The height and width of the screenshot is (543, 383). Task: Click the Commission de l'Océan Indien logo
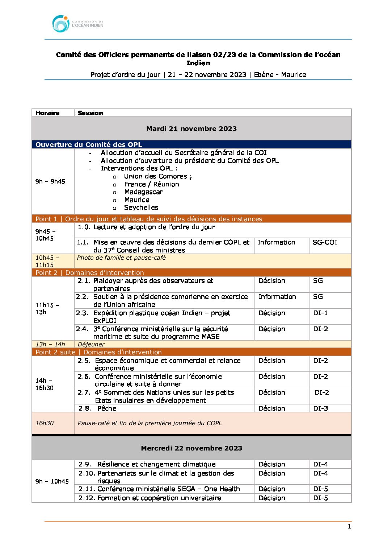pyautogui.click(x=77, y=24)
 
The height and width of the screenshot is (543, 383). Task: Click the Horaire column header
pyautogui.click(x=47, y=113)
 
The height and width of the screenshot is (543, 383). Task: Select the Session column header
pyautogui.click(x=90, y=113)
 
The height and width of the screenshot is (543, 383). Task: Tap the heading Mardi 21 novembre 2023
pyautogui.click(x=191, y=128)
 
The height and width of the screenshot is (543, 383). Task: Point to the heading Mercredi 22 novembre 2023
pyautogui.click(x=191, y=448)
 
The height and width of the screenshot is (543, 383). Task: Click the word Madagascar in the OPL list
pyautogui.click(x=143, y=192)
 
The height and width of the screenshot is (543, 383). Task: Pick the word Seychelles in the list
pyautogui.click(x=141, y=207)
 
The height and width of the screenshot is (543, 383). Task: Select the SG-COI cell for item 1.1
pyautogui.click(x=325, y=242)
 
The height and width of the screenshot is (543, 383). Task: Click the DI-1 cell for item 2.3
pyautogui.click(x=320, y=313)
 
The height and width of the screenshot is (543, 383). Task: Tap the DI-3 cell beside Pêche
pyautogui.click(x=320, y=408)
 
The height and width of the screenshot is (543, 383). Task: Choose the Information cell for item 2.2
pyautogui.click(x=277, y=297)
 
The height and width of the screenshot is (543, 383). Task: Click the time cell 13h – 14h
pyautogui.click(x=50, y=344)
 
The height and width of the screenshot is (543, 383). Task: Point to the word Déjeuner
pyautogui.click(x=91, y=344)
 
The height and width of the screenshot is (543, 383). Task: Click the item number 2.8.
pyautogui.click(x=85, y=408)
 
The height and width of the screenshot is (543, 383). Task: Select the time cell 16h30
pyautogui.click(x=45, y=423)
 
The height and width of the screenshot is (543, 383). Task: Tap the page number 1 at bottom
pyautogui.click(x=349, y=526)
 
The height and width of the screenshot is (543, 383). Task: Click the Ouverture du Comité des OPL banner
pyautogui.click(x=89, y=144)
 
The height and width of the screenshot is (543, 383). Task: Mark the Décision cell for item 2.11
pyautogui.click(x=272, y=489)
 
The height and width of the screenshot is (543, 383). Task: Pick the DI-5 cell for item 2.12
pyautogui.click(x=320, y=498)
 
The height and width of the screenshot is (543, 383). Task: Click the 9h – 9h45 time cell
pyautogui.click(x=50, y=181)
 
